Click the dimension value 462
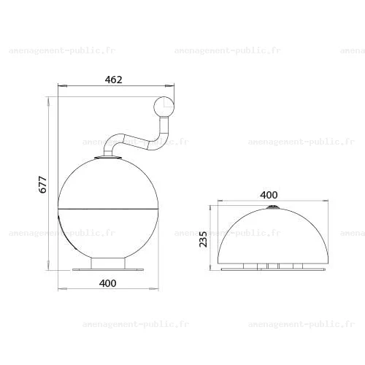pyautogui.click(x=114, y=80)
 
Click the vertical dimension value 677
pyautogui.click(x=43, y=185)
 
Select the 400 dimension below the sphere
pyautogui.click(x=108, y=283)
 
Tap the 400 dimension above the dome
pyautogui.click(x=269, y=195)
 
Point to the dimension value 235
pyautogui.click(x=203, y=239)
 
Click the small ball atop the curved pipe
pyautogui.click(x=164, y=107)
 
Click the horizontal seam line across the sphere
pyautogui.click(x=108, y=209)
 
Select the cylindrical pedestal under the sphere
pyautogui.click(x=108, y=264)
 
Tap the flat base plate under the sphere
pyautogui.click(x=108, y=269)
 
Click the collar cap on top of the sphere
pyautogui.click(x=108, y=158)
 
